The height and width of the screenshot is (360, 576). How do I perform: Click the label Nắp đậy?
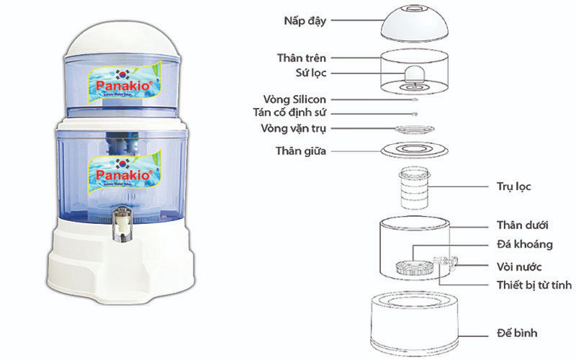[x=305, y=21]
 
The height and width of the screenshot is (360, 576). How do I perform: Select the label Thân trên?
[x=303, y=57]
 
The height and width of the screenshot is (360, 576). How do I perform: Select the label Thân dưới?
[x=523, y=226]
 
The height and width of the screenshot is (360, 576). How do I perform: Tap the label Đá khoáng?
[x=524, y=245]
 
